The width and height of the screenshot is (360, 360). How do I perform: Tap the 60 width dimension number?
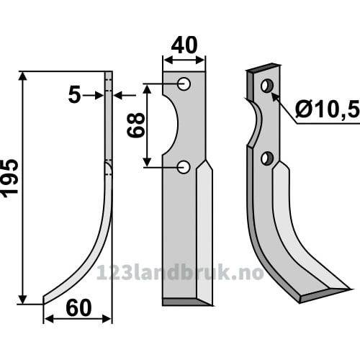pyautogui.click(x=78, y=308)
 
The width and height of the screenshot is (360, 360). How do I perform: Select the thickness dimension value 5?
pyautogui.click(x=74, y=95)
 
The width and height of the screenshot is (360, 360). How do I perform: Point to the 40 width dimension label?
pyautogui.click(x=184, y=45)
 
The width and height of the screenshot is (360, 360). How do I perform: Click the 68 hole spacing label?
pyautogui.click(x=136, y=125)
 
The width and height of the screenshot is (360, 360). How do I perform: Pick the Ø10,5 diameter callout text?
pyautogui.click(x=328, y=110)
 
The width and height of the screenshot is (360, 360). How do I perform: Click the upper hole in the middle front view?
pyautogui.click(x=184, y=84)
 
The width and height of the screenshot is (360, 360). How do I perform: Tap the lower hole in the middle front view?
pyautogui.click(x=184, y=167)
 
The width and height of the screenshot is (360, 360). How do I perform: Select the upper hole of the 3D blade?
pyautogui.click(x=267, y=86)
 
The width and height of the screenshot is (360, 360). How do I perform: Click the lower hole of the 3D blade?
pyautogui.click(x=267, y=158)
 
